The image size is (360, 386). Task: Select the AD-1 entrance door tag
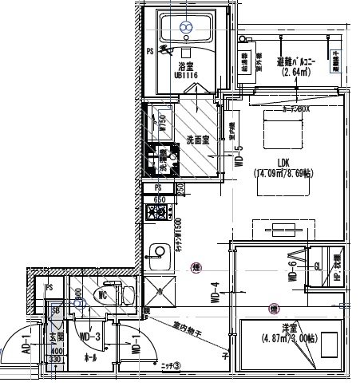click(26, 341)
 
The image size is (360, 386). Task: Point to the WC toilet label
click(101, 294)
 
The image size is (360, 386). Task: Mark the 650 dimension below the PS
click(160, 199)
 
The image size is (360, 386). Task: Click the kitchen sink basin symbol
click(156, 249)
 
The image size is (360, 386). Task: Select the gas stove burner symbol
click(158, 213)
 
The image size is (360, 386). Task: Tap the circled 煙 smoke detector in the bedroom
click(274, 307)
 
